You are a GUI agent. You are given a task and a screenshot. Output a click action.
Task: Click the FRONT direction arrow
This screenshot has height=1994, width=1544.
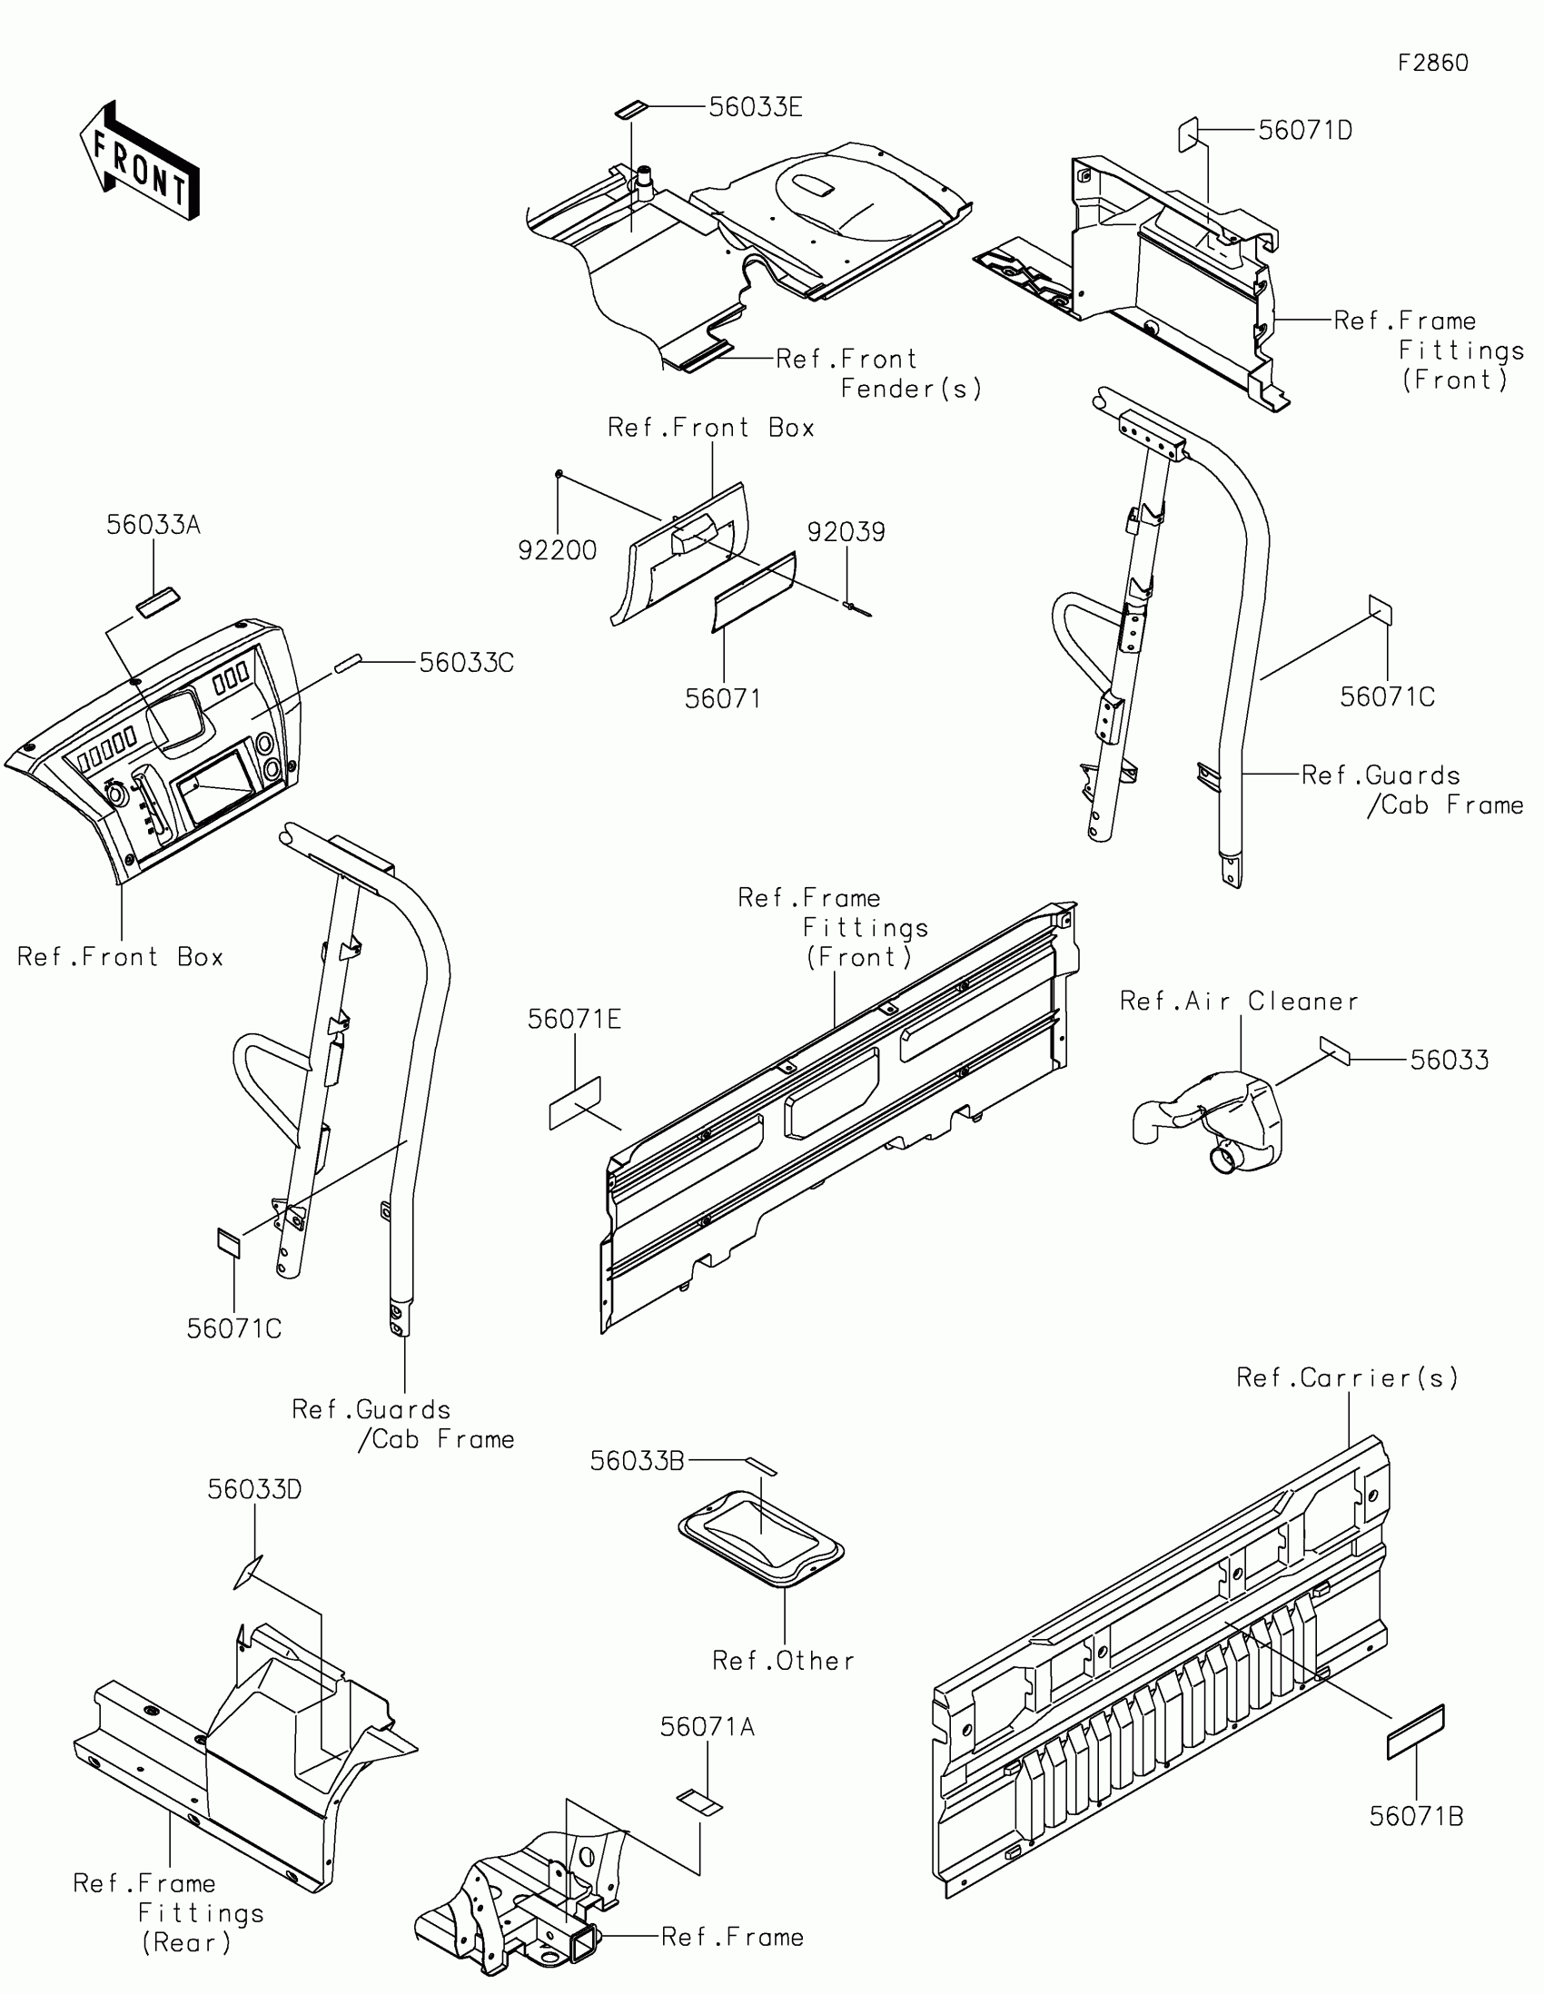click(139, 161)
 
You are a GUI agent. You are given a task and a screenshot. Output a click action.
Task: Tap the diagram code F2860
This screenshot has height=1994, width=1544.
click(1432, 63)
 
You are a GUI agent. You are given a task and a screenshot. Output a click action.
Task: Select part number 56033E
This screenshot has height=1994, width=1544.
click(755, 108)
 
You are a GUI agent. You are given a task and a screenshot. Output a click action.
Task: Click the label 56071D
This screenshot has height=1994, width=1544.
click(1305, 131)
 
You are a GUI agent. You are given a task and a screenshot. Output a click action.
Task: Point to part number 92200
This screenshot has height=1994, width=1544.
click(557, 550)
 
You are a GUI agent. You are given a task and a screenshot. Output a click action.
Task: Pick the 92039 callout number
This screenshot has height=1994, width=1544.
click(846, 532)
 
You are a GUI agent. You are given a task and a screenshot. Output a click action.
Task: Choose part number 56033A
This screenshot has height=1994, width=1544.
click(153, 525)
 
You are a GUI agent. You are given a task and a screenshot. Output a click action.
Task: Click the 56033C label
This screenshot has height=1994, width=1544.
click(467, 663)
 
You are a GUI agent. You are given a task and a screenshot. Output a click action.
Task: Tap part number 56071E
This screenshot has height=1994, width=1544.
click(574, 1020)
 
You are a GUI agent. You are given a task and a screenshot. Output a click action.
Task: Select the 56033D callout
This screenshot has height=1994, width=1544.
click(253, 1490)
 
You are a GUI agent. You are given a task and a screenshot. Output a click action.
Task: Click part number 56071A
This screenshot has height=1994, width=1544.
click(708, 1727)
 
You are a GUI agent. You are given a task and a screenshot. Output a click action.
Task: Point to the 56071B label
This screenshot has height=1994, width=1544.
click(1416, 1817)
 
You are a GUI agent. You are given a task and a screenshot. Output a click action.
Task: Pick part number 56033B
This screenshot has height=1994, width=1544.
click(637, 1462)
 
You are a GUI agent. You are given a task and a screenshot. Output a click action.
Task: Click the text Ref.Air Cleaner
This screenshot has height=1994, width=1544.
click(1239, 1002)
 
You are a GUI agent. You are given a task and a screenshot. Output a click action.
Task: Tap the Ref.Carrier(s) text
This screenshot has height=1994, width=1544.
click(1348, 1377)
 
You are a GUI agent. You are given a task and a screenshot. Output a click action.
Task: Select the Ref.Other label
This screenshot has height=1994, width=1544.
click(784, 1661)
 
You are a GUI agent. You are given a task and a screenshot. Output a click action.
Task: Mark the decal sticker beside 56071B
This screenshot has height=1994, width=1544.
click(1415, 1732)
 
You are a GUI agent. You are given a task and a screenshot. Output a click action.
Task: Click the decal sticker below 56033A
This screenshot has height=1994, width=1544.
click(158, 604)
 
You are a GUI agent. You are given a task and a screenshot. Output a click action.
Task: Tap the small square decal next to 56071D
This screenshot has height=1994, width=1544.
click(1187, 134)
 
